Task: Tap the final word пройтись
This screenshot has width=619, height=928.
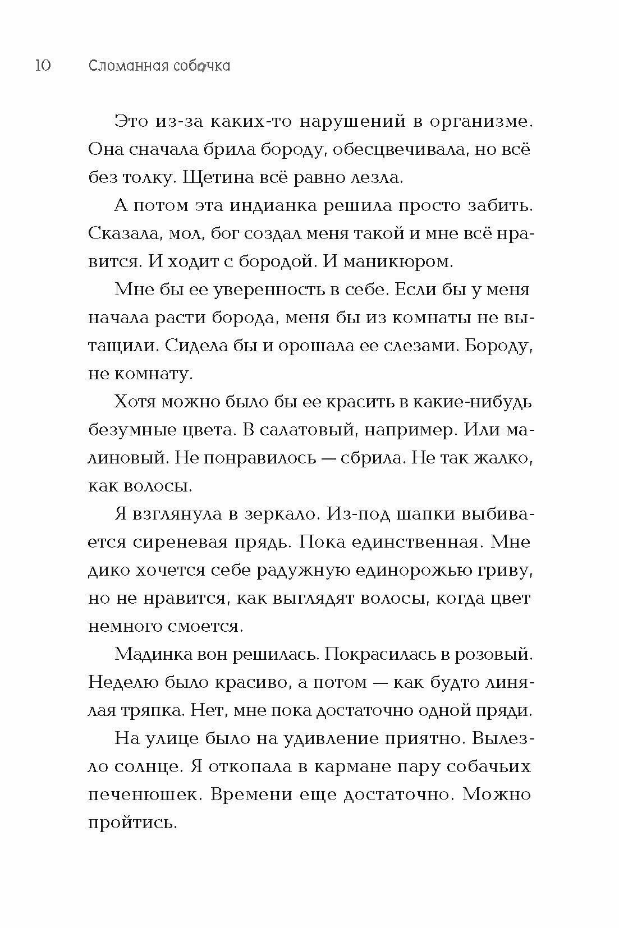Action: pos(132,823)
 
